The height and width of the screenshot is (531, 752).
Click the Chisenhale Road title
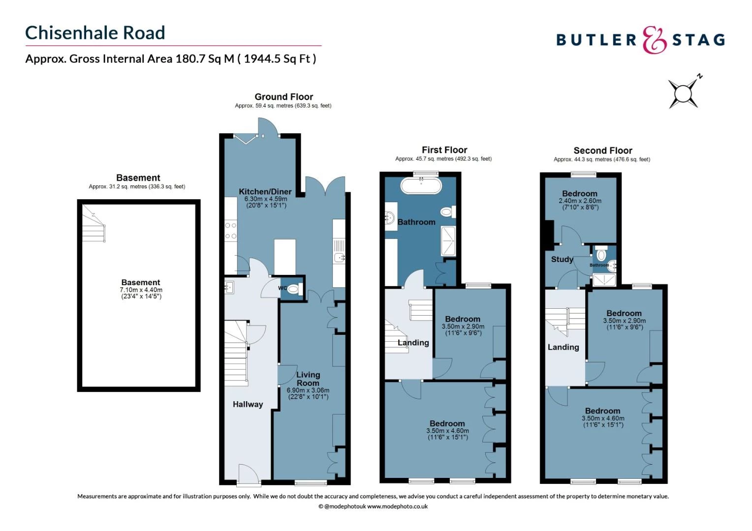point(95,33)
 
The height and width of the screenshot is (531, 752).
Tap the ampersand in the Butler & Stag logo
point(654,40)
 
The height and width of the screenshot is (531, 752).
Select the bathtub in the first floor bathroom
point(421,185)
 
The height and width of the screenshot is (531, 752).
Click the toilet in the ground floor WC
point(294,289)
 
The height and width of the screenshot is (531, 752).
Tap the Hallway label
point(248,404)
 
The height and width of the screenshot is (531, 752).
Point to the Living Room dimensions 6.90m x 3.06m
point(308,390)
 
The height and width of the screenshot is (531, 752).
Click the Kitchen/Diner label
point(265,192)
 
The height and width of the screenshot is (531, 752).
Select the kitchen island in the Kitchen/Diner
point(285,256)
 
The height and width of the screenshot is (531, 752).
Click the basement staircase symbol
point(94,225)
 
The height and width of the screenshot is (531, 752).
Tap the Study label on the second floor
point(562,259)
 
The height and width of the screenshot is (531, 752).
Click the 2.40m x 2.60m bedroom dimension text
point(580,201)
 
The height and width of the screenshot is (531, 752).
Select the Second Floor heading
point(602,150)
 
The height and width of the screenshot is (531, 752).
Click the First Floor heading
point(444,150)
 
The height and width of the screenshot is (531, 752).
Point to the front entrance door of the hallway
point(248,475)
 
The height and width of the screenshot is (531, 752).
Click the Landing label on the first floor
point(413,343)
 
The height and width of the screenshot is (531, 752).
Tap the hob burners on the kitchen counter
point(230,231)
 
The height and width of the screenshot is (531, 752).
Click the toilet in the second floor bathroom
point(601,255)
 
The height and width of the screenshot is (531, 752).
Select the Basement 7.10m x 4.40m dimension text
point(141,290)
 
